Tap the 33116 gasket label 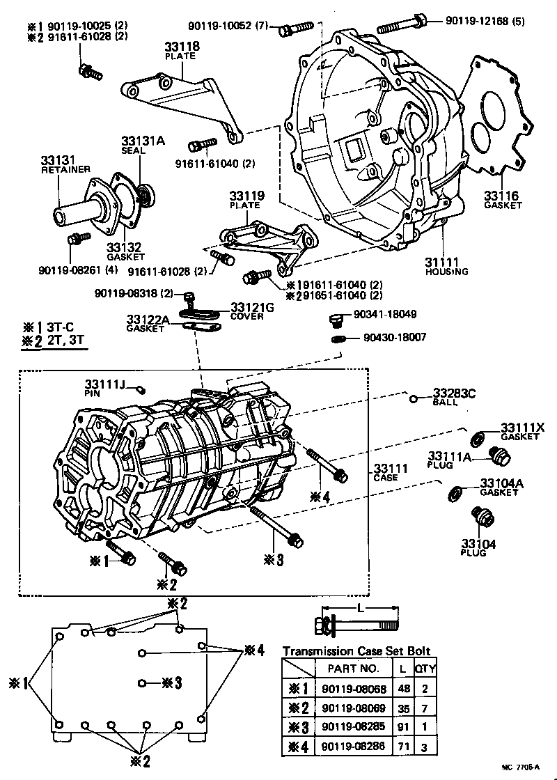(x=503, y=200)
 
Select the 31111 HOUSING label (x=446, y=266)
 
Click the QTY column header (x=425, y=668)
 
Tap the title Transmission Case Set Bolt (x=356, y=651)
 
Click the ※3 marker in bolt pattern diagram (x=171, y=682)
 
